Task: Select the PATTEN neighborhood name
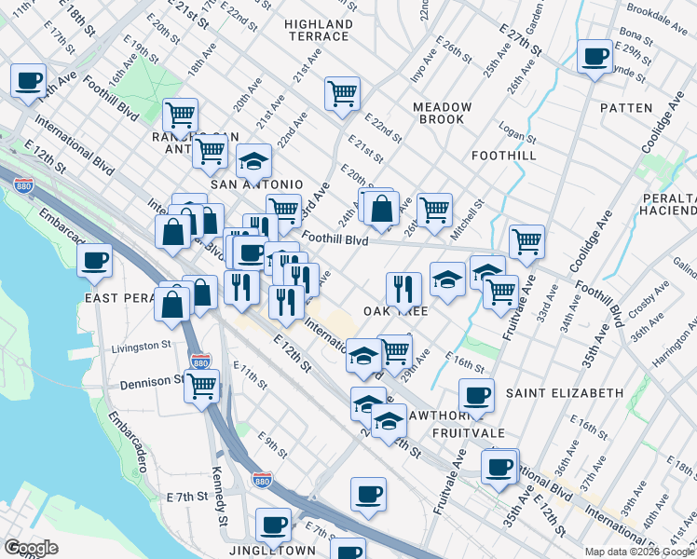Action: tap(626, 108)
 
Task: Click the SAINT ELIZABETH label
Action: tap(564, 393)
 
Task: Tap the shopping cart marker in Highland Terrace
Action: tap(342, 93)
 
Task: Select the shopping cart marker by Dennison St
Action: tap(201, 386)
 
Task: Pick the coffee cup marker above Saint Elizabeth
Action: tap(476, 395)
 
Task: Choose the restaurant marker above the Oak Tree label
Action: tap(403, 288)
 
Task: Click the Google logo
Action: tap(31, 548)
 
